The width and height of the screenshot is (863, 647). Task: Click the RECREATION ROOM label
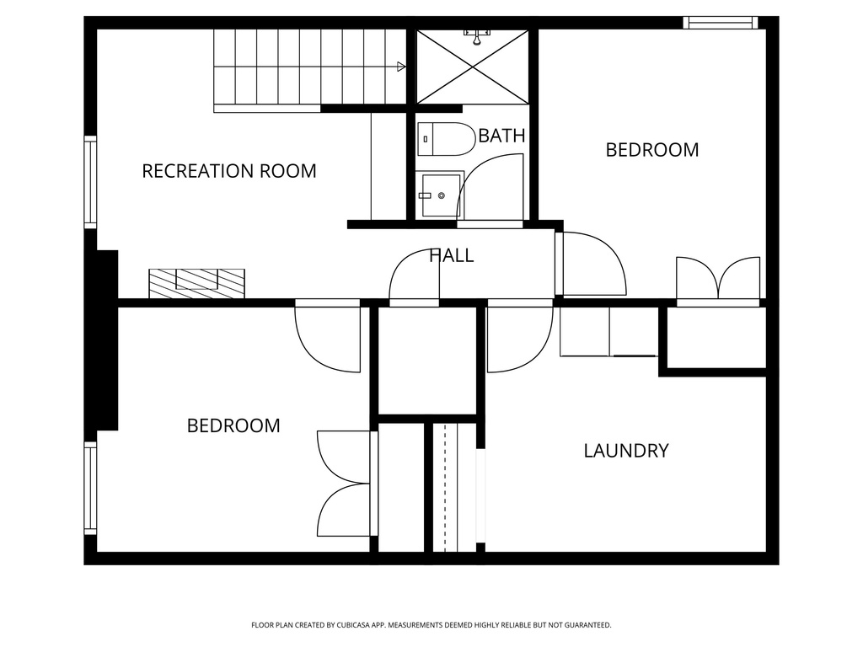tap(229, 171)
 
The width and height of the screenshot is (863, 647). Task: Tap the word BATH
tap(501, 136)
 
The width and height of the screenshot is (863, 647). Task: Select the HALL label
tap(452, 255)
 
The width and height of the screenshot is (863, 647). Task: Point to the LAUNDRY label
tap(626, 451)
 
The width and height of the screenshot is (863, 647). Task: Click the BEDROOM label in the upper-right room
tap(652, 150)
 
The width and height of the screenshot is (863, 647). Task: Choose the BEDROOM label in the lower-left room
tap(233, 425)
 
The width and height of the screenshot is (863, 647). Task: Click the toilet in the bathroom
tap(446, 139)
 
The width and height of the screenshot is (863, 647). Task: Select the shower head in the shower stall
tap(478, 35)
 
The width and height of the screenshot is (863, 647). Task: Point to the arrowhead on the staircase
tap(401, 66)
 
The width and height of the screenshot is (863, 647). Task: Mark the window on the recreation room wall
tap(89, 181)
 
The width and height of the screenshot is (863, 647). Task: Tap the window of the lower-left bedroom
tap(89, 489)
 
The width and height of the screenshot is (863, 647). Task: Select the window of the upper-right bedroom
tap(720, 23)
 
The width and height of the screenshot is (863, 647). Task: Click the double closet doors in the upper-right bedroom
tap(718, 280)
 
